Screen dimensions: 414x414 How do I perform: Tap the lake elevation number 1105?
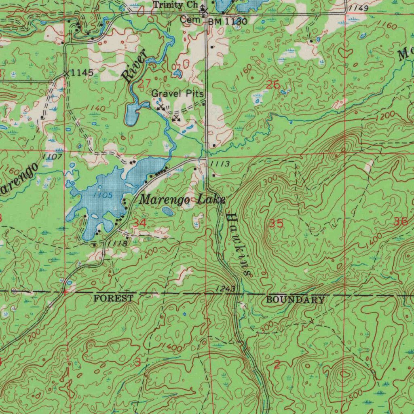pyautogui.click(x=101, y=195)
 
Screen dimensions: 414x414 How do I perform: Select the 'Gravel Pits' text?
pyautogui.click(x=177, y=93)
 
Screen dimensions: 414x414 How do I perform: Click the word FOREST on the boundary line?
pyautogui.click(x=113, y=298)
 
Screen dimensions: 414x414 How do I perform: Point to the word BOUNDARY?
pyautogui.click(x=295, y=300)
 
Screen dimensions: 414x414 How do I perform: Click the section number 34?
pyautogui.click(x=140, y=223)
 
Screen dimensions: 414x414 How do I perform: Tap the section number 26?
pyautogui.click(x=273, y=84)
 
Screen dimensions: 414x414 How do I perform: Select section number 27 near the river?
pyautogui.click(x=144, y=84)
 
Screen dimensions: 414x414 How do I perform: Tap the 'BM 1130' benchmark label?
pyautogui.click(x=227, y=21)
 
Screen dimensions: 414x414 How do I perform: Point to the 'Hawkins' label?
pyautogui.click(x=238, y=244)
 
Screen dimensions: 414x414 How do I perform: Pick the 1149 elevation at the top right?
pyautogui.click(x=359, y=8)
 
